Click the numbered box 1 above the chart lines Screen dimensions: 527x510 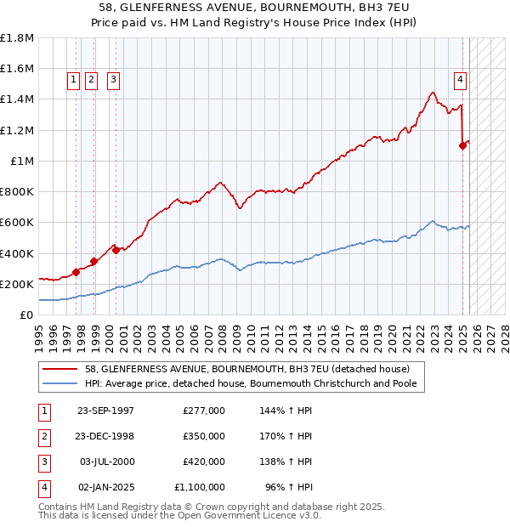pos(73,81)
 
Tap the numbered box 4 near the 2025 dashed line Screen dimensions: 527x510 pos(460,81)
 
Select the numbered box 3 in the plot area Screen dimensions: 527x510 pos(113,81)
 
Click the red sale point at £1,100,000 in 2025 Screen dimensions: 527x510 pos(463,145)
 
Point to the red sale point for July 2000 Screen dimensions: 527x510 pos(115,250)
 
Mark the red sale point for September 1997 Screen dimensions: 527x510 pos(76,272)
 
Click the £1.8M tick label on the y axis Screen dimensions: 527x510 pos(17,38)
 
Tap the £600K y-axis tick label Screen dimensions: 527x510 pos(17,223)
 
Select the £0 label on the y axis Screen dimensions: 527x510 pos(26,314)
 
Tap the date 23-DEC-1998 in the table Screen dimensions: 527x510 pos(105,436)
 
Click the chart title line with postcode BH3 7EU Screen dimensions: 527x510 pos(254,8)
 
